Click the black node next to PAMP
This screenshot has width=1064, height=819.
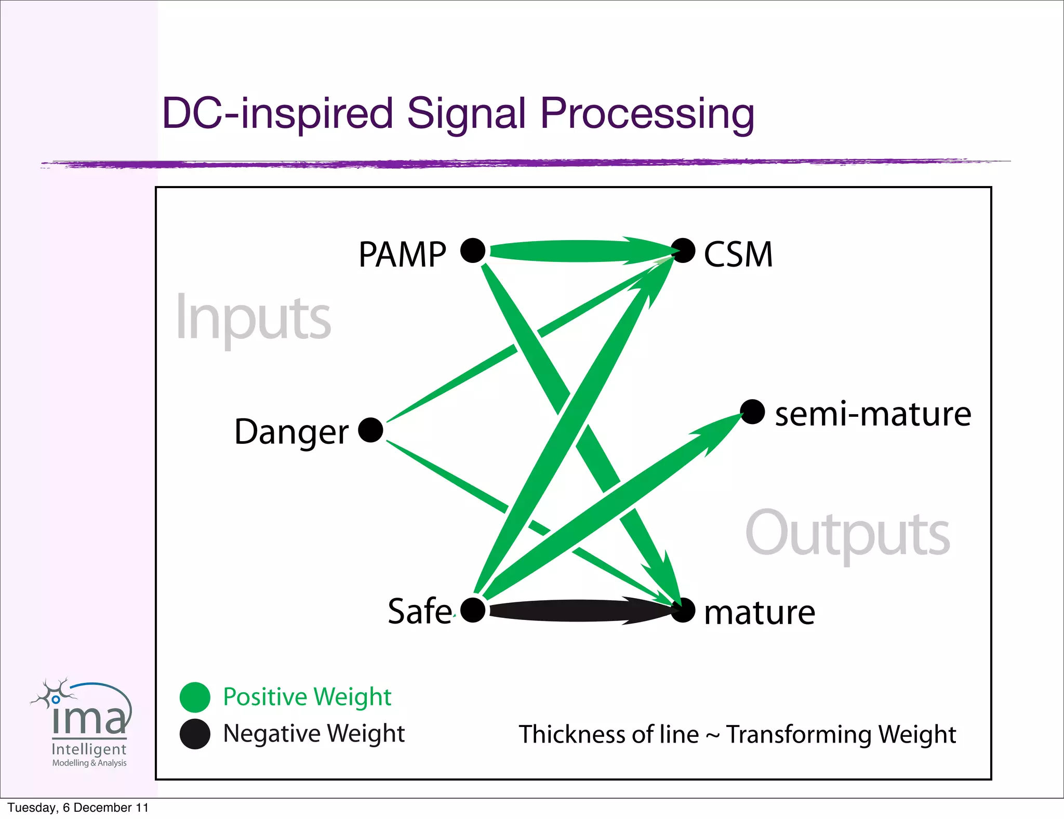tap(473, 250)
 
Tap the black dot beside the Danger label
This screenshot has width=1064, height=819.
tap(370, 430)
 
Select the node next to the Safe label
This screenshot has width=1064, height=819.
tap(473, 610)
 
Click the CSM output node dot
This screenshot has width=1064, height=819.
tap(683, 250)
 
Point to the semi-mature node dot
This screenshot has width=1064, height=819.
tap(752, 412)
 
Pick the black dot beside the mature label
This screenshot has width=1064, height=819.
tap(683, 610)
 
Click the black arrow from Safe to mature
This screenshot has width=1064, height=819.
tap(577, 611)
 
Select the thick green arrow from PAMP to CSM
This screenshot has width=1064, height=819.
tap(571, 251)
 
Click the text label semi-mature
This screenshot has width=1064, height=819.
tap(873, 414)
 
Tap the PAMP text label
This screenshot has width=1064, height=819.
tap(402, 255)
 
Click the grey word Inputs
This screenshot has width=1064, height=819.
tap(253, 318)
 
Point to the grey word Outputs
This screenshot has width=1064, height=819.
tap(847, 534)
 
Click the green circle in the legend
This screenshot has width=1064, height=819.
tap(195, 697)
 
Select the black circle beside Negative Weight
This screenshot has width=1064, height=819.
tap(195, 734)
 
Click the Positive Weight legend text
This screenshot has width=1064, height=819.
tap(307, 696)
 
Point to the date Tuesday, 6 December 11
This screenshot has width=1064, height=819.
tap(78, 808)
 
